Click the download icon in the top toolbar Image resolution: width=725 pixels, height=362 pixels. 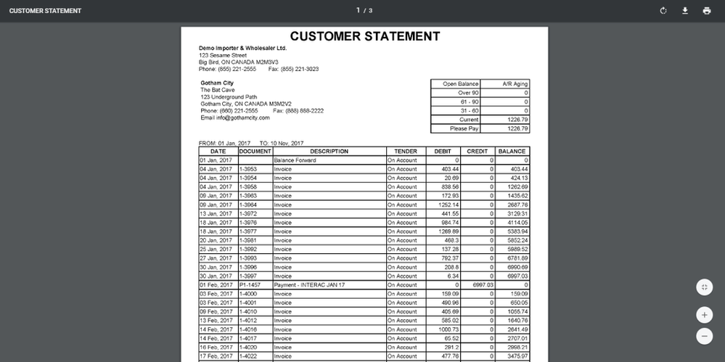[x=684, y=11]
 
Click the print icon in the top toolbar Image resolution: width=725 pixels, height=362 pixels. [x=706, y=11]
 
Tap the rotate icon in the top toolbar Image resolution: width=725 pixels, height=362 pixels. [x=663, y=11]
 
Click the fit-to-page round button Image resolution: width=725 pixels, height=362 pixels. [x=704, y=287]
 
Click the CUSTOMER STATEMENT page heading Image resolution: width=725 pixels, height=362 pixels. [x=364, y=36]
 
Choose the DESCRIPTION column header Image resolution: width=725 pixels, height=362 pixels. [x=329, y=152]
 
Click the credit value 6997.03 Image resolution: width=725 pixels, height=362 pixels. [x=483, y=285]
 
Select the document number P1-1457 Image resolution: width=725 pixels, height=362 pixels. [x=250, y=285]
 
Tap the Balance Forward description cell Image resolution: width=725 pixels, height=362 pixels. [x=295, y=160]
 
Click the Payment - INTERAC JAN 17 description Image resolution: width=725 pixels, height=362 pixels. [x=309, y=285]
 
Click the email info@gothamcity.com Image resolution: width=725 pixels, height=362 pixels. [x=235, y=118]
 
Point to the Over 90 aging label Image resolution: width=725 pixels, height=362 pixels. [x=468, y=93]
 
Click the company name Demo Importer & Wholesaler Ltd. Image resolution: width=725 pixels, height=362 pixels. [x=242, y=48]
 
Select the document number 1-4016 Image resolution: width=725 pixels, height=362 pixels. [x=248, y=329]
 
